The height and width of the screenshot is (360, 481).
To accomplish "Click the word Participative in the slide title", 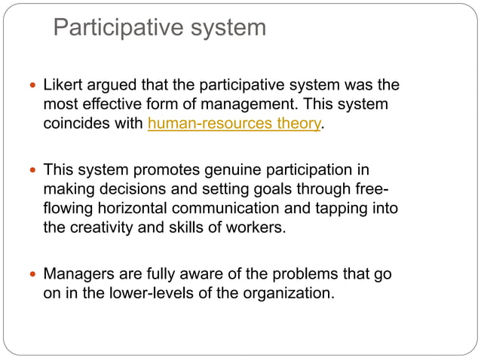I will (x=106, y=28).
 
